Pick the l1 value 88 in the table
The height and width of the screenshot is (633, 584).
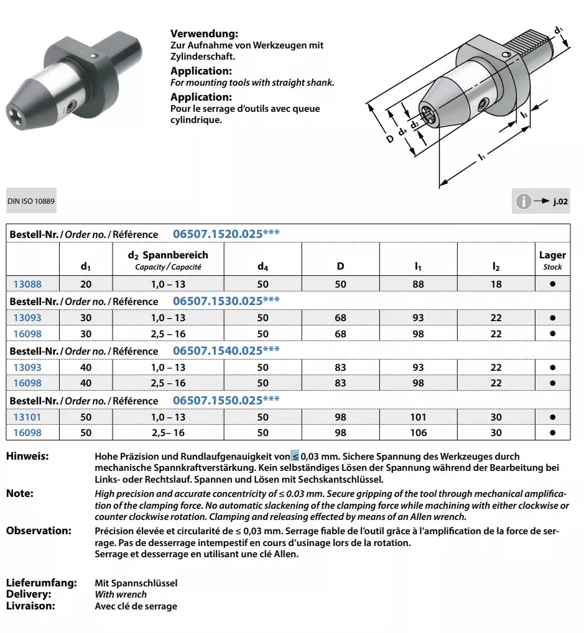pos(418,284)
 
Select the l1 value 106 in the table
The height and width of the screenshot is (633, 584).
pos(418,433)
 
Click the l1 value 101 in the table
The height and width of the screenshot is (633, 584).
pos(418,417)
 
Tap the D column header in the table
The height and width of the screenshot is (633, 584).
pos(340,266)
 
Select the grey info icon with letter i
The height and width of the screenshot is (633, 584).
pos(524,201)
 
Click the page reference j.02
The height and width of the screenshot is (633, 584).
pos(560,202)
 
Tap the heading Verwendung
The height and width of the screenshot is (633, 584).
pos(204,34)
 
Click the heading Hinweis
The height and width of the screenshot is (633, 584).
pos(27,457)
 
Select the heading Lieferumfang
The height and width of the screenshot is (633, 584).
pos(41,583)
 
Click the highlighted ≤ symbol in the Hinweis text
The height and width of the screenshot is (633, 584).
pos(295,457)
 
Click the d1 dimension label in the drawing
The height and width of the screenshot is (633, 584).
pos(558,30)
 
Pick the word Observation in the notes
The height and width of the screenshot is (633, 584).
pos(39,531)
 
